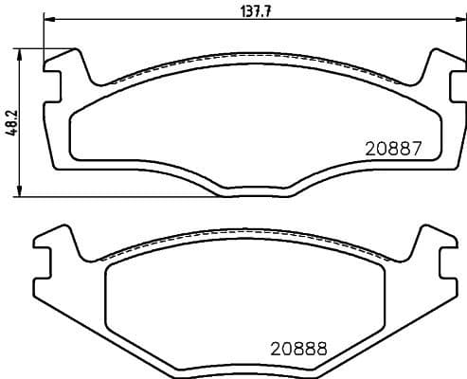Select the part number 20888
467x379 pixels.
pyautogui.click(x=297, y=348)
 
